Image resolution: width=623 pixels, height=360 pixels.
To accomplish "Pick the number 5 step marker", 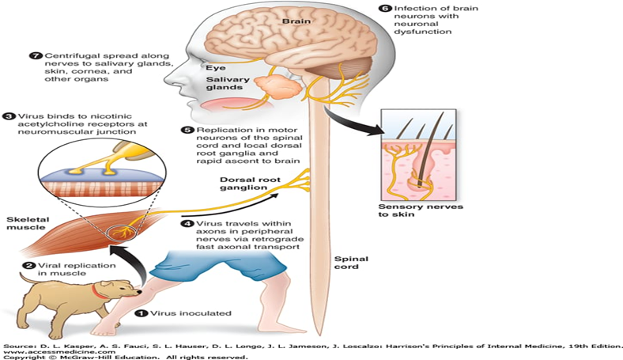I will click(187, 128).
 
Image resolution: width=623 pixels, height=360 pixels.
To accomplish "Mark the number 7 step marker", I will click(35, 57).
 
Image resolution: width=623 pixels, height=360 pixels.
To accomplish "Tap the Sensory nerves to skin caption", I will click(421, 212).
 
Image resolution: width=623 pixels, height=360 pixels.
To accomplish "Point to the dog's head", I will click(115, 279).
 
